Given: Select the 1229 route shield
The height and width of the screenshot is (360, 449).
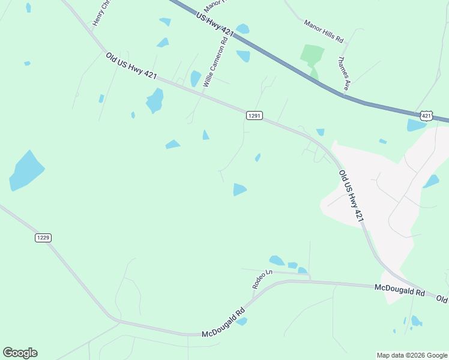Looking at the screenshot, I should coord(43,238).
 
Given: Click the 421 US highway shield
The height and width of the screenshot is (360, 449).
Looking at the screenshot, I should coord(426,115).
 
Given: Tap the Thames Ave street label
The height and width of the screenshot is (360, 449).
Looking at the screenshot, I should coord(343,73).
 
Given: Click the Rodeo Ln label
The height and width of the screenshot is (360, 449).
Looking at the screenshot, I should coord(262,279).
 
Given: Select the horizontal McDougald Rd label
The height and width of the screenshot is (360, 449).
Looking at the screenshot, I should coord(399,290).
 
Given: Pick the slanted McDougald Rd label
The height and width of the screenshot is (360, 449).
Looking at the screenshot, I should coord(224,322).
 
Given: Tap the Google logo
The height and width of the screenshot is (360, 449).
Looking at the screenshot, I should coord(20,353).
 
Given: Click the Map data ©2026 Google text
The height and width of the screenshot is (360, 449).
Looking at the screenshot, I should coord(411,355).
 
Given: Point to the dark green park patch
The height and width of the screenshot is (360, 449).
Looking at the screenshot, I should coord(312,55).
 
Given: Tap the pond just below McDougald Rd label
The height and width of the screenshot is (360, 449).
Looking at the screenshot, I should coord(241,322).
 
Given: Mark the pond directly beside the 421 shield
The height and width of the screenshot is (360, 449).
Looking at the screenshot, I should coord(415,125).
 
